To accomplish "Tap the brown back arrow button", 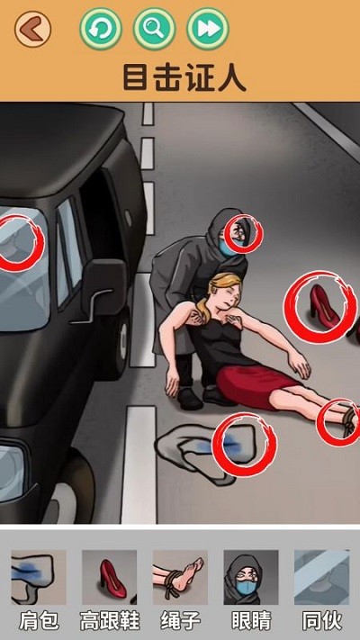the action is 32,29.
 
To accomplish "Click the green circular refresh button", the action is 101,29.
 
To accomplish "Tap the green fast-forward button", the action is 208,29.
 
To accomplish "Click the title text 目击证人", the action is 184,77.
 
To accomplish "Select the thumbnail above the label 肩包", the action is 39,577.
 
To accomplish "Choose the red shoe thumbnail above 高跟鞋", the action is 110,577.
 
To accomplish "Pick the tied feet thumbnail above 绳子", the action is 180,577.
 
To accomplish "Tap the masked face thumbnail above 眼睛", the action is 251,577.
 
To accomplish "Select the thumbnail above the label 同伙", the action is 321,577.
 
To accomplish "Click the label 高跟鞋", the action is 110,622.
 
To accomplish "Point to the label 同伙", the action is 321,622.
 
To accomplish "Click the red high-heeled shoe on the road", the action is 323,307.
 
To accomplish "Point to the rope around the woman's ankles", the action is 348,419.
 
